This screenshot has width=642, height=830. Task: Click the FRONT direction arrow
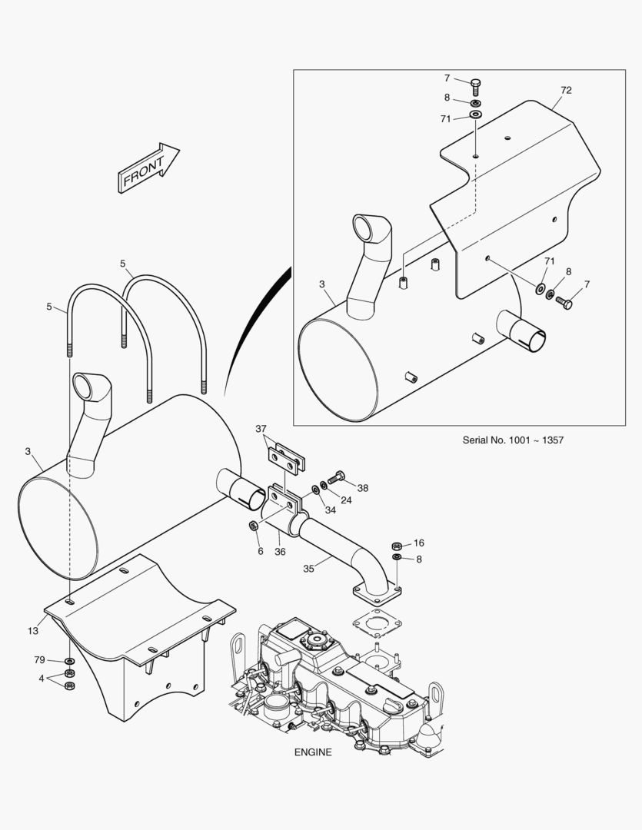tap(148, 168)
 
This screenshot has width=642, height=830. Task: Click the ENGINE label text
tap(313, 752)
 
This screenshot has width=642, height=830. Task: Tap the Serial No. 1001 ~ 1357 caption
tap(513, 440)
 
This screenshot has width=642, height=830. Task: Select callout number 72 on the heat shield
tap(566, 91)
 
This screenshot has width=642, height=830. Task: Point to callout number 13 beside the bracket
tap(33, 631)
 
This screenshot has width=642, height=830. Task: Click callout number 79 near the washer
tap(39, 659)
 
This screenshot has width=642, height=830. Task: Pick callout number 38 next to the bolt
tap(362, 488)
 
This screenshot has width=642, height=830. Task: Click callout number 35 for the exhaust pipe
tap(309, 569)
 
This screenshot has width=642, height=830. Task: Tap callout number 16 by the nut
tap(418, 543)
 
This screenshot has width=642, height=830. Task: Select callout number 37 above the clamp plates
tap(261, 429)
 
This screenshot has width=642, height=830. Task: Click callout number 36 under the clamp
tap(280, 552)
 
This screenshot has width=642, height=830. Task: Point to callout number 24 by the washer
tap(346, 500)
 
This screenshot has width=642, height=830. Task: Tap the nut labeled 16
tap(396, 545)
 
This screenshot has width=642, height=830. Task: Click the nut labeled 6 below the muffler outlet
tap(253, 526)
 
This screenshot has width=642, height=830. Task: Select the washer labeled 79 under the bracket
tap(69, 662)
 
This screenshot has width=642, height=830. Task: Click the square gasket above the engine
tap(378, 622)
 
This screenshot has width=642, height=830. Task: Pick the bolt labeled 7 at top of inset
tap(475, 86)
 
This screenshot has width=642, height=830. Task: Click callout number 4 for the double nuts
tap(42, 678)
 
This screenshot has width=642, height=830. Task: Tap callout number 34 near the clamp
tap(330, 510)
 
